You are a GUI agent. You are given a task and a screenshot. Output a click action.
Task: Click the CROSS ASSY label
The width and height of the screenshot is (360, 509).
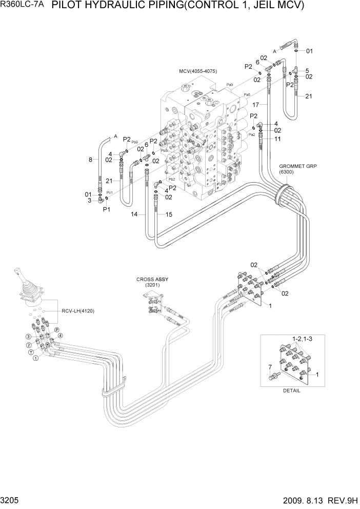tap(152, 280)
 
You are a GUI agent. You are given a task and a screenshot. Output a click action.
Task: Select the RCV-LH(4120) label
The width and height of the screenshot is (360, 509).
tap(78, 311)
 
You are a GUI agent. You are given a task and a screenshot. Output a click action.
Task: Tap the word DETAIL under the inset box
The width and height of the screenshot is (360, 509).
tap(291, 390)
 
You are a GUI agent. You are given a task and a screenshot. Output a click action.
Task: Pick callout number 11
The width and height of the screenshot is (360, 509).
tap(277, 139)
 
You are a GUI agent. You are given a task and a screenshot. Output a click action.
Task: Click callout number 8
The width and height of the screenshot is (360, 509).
tap(90, 160)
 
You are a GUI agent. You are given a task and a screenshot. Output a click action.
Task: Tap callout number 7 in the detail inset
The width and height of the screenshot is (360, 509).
tap(270, 367)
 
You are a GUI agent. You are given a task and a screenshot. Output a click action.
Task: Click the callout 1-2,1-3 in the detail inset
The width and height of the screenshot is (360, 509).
tap(302, 339)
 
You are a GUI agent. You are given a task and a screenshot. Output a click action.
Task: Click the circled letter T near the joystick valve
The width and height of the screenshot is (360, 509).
tap(31, 353)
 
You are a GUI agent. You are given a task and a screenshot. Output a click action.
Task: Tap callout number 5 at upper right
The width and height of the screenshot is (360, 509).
tap(307, 71)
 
